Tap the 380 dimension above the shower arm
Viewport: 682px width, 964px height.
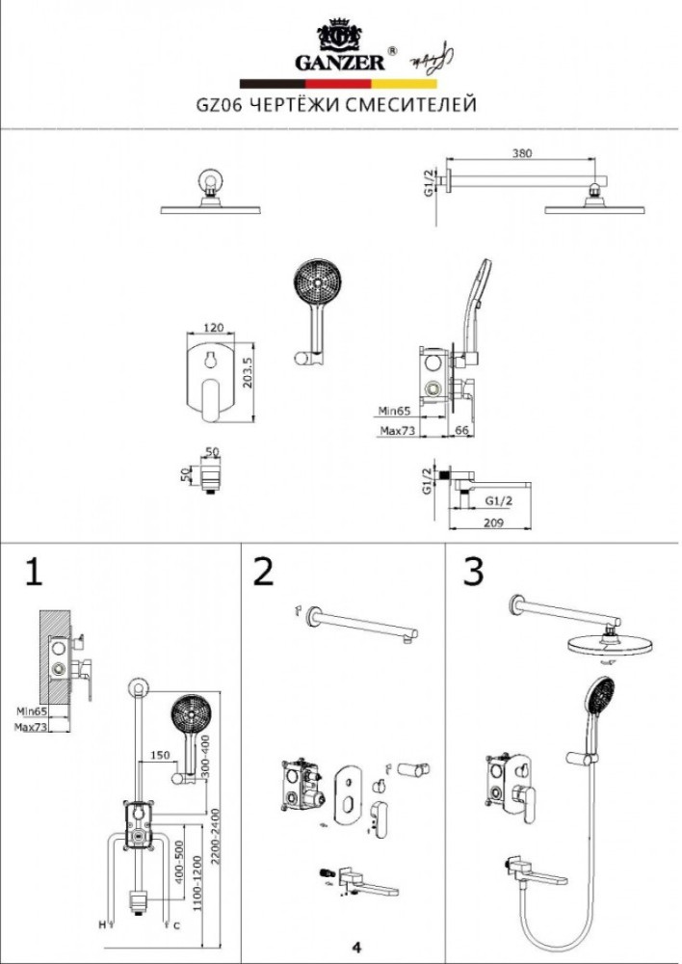pyautogui.click(x=522, y=152)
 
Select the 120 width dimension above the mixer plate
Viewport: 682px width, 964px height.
pyautogui.click(x=215, y=328)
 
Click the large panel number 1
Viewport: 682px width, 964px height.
pyautogui.click(x=35, y=572)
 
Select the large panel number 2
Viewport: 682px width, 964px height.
pyautogui.click(x=263, y=572)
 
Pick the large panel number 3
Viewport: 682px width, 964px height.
pyautogui.click(x=472, y=572)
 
